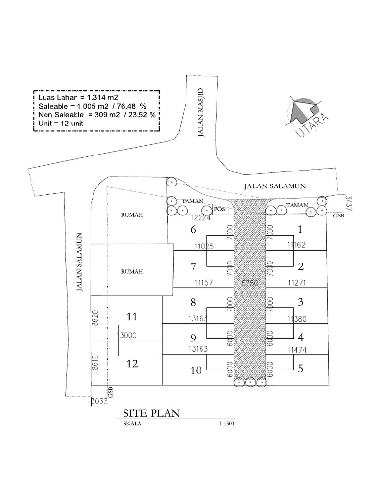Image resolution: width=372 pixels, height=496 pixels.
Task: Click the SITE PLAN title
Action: coord(151,413)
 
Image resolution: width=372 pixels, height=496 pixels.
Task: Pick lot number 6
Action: coord(193,229)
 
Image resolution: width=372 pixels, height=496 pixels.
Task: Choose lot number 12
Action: coord(132,364)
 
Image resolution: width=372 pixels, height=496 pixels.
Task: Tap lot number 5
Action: coord(300,368)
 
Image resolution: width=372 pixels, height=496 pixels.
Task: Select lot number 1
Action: coord(300,229)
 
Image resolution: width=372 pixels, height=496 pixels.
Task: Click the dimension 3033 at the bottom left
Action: coord(100,401)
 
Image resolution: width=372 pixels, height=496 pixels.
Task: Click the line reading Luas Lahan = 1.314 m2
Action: coord(78,97)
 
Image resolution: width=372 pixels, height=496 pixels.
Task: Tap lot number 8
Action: coord(193,303)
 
